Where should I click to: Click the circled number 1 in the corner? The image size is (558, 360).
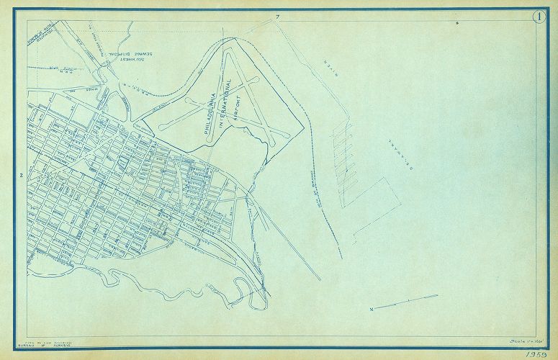[x=538, y=18]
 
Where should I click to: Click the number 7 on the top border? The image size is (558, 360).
[x=276, y=16]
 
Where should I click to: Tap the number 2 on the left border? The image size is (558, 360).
[x=22, y=176]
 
